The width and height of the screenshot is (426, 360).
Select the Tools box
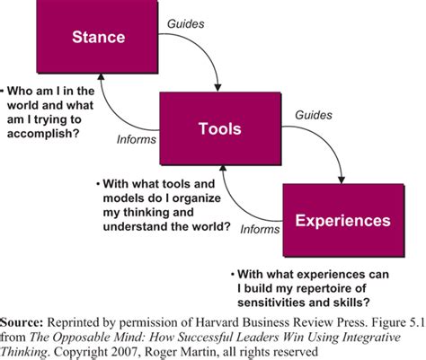(x=219, y=128)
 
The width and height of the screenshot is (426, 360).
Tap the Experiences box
(x=343, y=219)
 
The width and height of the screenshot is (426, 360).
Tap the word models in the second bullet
(x=126, y=199)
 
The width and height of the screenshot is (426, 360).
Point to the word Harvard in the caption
(x=206, y=320)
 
